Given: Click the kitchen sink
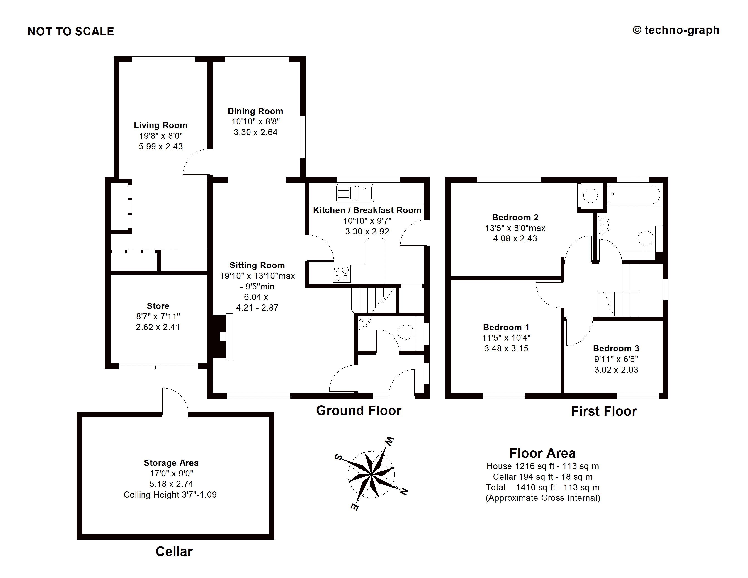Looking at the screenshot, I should tap(355, 193).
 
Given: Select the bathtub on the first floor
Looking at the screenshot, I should tap(634, 194).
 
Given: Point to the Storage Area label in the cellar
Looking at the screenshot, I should tap(171, 463).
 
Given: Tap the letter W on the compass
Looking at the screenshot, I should tap(390, 441).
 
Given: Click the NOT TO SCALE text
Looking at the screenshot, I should tap(71, 32).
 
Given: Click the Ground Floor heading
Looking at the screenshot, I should tap(359, 410).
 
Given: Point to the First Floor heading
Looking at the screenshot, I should tap(604, 411).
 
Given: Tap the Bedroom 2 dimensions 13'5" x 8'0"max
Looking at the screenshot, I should tap(515, 228).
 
